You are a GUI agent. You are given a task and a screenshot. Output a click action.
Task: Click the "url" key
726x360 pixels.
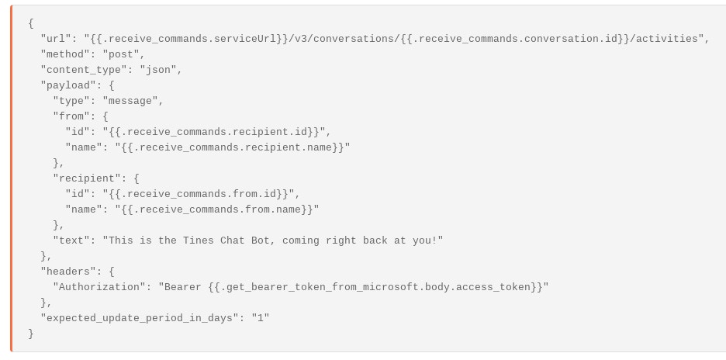click(56, 39)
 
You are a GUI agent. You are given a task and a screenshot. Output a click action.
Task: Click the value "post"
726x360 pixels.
click(123, 54)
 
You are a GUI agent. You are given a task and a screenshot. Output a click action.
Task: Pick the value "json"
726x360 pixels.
click(161, 70)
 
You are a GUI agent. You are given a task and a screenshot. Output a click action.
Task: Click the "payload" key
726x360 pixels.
click(68, 85)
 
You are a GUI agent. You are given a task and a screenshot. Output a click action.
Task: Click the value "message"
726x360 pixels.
click(133, 101)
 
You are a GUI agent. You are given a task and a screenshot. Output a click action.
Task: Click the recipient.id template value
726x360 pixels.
click(213, 132)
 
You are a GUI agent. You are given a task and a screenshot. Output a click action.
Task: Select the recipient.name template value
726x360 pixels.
click(232, 147)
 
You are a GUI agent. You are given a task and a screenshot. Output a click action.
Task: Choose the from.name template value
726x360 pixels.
click(216, 209)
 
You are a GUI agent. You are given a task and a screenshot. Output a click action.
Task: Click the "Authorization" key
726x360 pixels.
click(99, 287)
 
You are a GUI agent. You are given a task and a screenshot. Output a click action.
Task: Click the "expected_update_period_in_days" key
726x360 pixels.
click(140, 318)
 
